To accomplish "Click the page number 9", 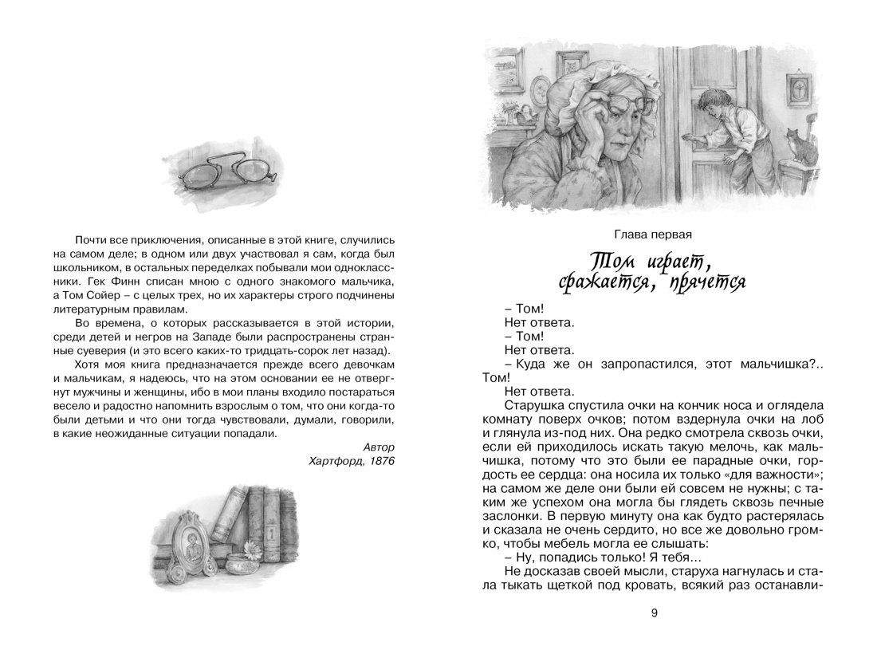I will click(655, 613).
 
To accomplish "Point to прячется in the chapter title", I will click(702, 282).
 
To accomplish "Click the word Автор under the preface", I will click(379, 447).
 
